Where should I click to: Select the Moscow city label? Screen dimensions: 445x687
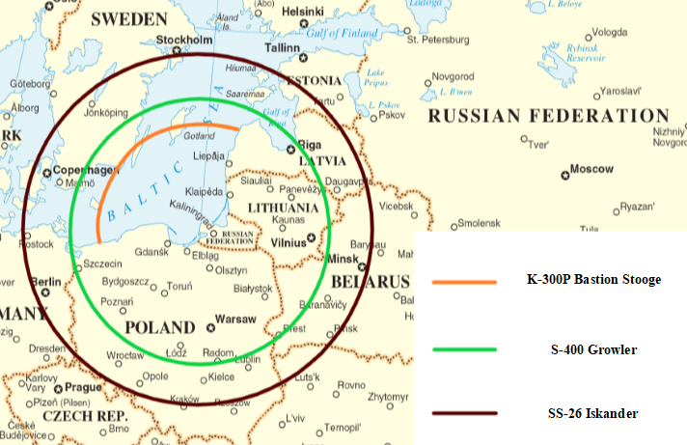(x=592, y=169)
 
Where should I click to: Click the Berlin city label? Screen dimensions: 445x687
(x=46, y=282)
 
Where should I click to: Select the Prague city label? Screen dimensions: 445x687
(x=84, y=387)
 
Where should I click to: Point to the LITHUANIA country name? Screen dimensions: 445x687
(x=284, y=208)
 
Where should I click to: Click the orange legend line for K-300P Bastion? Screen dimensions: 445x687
(x=464, y=281)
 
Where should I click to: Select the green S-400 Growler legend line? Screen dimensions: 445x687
(x=464, y=349)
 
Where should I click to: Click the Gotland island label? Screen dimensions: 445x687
(x=199, y=136)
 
